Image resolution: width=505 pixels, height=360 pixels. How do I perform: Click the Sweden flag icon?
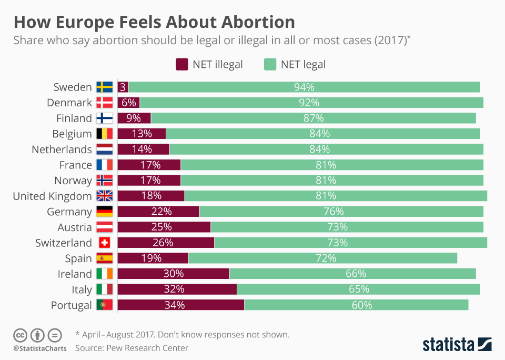coord(104,87)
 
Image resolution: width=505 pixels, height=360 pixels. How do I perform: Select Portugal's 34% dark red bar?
coord(180,305)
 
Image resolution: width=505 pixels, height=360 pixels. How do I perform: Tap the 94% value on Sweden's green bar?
coord(304,87)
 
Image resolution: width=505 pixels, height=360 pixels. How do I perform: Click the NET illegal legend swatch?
coord(182,64)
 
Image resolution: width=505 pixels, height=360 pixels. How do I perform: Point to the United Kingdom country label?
coord(52,196)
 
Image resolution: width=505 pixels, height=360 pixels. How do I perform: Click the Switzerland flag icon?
coord(104,243)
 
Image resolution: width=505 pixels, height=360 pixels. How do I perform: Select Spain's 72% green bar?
coord(322,258)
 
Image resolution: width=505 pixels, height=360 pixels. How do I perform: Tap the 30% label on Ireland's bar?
coord(173,274)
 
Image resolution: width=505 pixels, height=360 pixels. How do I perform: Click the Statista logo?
coord(457,345)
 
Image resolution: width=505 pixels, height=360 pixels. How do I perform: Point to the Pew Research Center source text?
coord(132,347)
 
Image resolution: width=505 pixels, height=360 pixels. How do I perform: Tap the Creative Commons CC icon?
coord(20,335)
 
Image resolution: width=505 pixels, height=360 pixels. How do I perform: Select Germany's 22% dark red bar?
coord(158,212)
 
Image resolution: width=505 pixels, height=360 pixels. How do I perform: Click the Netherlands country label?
coord(62,149)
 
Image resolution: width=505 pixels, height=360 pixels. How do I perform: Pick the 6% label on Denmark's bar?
coord(128,103)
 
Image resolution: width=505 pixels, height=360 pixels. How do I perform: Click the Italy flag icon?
coord(104,289)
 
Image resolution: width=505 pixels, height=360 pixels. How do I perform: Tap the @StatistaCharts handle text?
coord(40,348)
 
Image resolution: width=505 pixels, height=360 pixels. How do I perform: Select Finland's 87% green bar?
coord(313,118)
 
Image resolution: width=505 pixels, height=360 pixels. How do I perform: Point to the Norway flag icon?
coord(104,181)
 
